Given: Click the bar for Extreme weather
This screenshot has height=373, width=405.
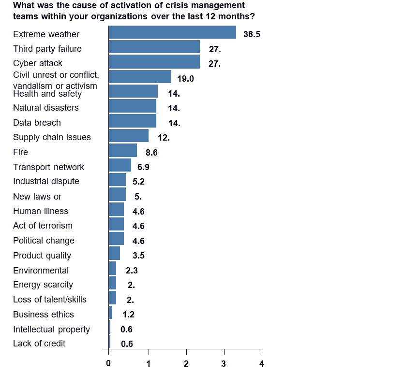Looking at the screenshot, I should coord(172,32).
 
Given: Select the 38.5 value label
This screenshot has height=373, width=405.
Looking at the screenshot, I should coord(252,35).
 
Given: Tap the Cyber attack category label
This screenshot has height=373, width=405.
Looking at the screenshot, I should coord(38,63).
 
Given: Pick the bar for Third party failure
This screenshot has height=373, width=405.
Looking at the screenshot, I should coord(154,47).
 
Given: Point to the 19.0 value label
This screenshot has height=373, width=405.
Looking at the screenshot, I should coord(185,79).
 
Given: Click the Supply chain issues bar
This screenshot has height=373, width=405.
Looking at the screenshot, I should coord(129,136).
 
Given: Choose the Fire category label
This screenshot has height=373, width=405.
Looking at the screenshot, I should coord(21,152).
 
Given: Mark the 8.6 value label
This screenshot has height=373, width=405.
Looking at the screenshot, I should coord(151,153).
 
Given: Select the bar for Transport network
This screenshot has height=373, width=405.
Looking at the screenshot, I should coord(120,165).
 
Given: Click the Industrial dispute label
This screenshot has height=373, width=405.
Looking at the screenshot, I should coord(46,181).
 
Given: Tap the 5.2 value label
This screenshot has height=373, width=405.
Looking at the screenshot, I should coord(139,182).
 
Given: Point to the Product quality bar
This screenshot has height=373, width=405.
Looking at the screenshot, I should coord(115,254).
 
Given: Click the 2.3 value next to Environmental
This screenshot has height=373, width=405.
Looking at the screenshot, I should coord(132,271).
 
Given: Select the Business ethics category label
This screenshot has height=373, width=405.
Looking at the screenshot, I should coord(44,315).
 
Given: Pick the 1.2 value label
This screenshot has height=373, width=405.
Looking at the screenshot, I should coord(128,315).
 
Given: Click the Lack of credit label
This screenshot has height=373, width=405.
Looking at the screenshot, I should coord(39,344).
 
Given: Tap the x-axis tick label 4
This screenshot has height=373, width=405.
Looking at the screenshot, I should coord(262,363).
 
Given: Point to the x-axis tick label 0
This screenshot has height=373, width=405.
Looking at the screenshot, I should coord(108,363).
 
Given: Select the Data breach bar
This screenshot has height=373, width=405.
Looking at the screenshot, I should coord(133,121).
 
